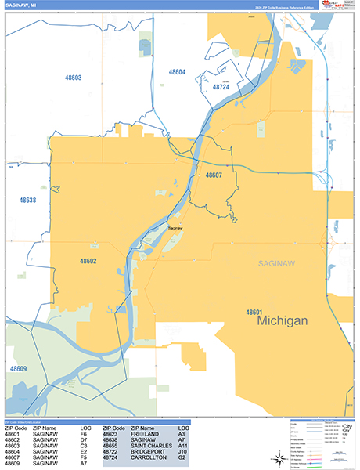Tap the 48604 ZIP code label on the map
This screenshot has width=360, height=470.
(x=178, y=72)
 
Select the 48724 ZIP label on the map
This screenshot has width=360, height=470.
(x=222, y=88)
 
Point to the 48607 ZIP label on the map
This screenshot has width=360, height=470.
(x=214, y=175)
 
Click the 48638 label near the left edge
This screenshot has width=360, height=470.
(x=27, y=201)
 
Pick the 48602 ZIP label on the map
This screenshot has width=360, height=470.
(x=88, y=261)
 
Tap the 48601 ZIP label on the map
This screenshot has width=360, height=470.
(x=254, y=311)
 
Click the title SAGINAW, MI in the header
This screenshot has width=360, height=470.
(x=23, y=5)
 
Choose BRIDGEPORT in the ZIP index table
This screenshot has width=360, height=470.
(x=149, y=452)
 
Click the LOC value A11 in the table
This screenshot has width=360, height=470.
(x=185, y=446)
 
